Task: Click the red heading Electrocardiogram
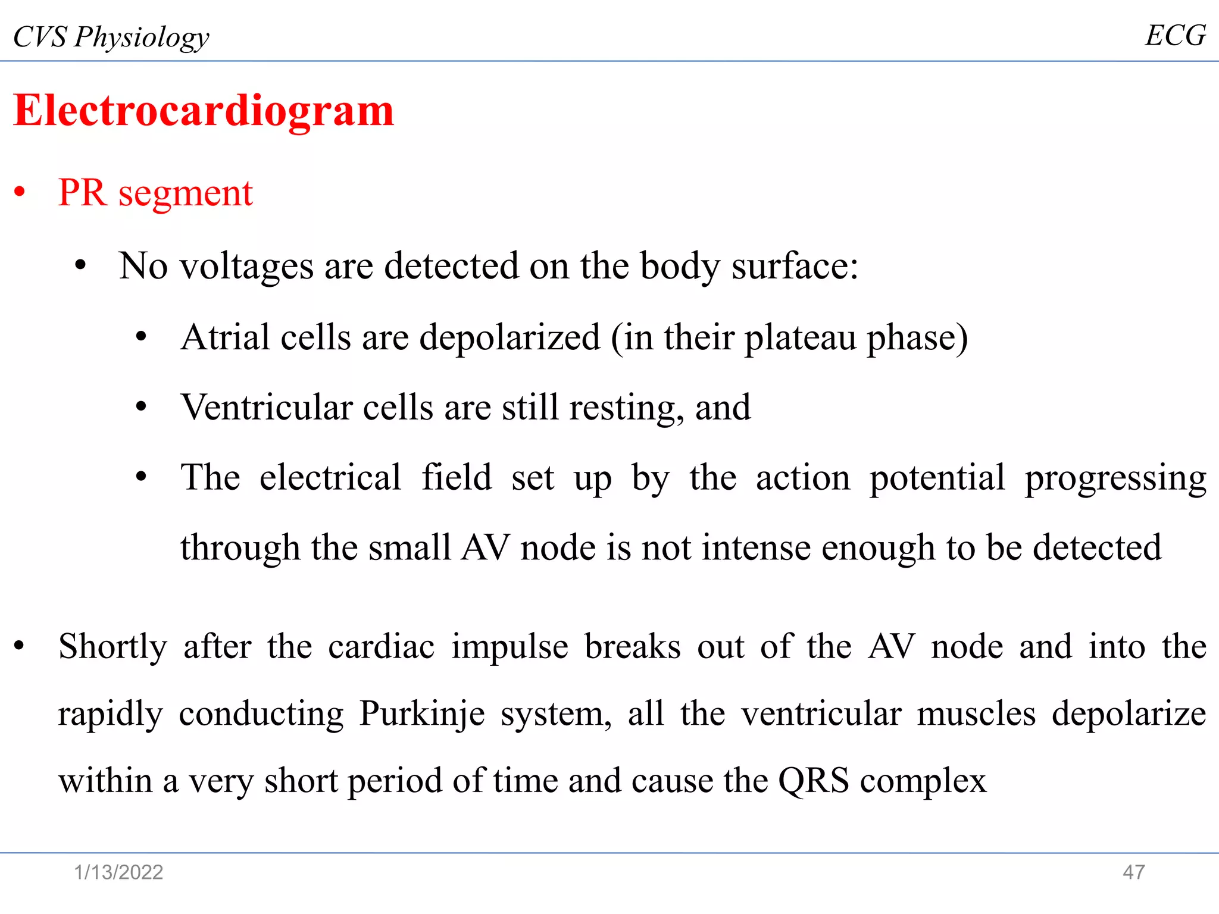click(204, 111)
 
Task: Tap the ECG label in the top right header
click(1175, 36)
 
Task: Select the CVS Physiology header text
click(111, 37)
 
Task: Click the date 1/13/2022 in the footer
click(118, 872)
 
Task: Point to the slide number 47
click(1133, 872)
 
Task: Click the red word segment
click(185, 193)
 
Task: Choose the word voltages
click(246, 266)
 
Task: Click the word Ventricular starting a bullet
click(267, 408)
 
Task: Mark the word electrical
click(330, 477)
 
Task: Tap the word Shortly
click(113, 647)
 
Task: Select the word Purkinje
click(422, 713)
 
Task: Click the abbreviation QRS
click(813, 781)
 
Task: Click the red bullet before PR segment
click(20, 193)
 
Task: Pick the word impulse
click(510, 647)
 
